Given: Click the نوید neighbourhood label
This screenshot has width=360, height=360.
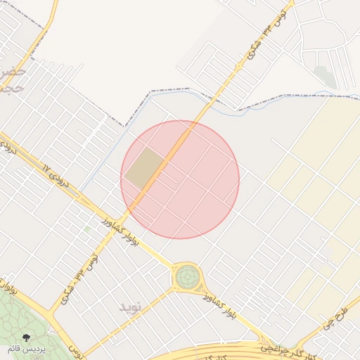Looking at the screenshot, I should [131, 307].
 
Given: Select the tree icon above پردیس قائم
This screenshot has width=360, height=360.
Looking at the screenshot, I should [27, 337].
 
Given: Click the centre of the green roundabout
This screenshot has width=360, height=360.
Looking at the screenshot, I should [186, 277].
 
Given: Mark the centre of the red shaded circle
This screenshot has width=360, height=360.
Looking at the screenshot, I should [180, 179].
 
